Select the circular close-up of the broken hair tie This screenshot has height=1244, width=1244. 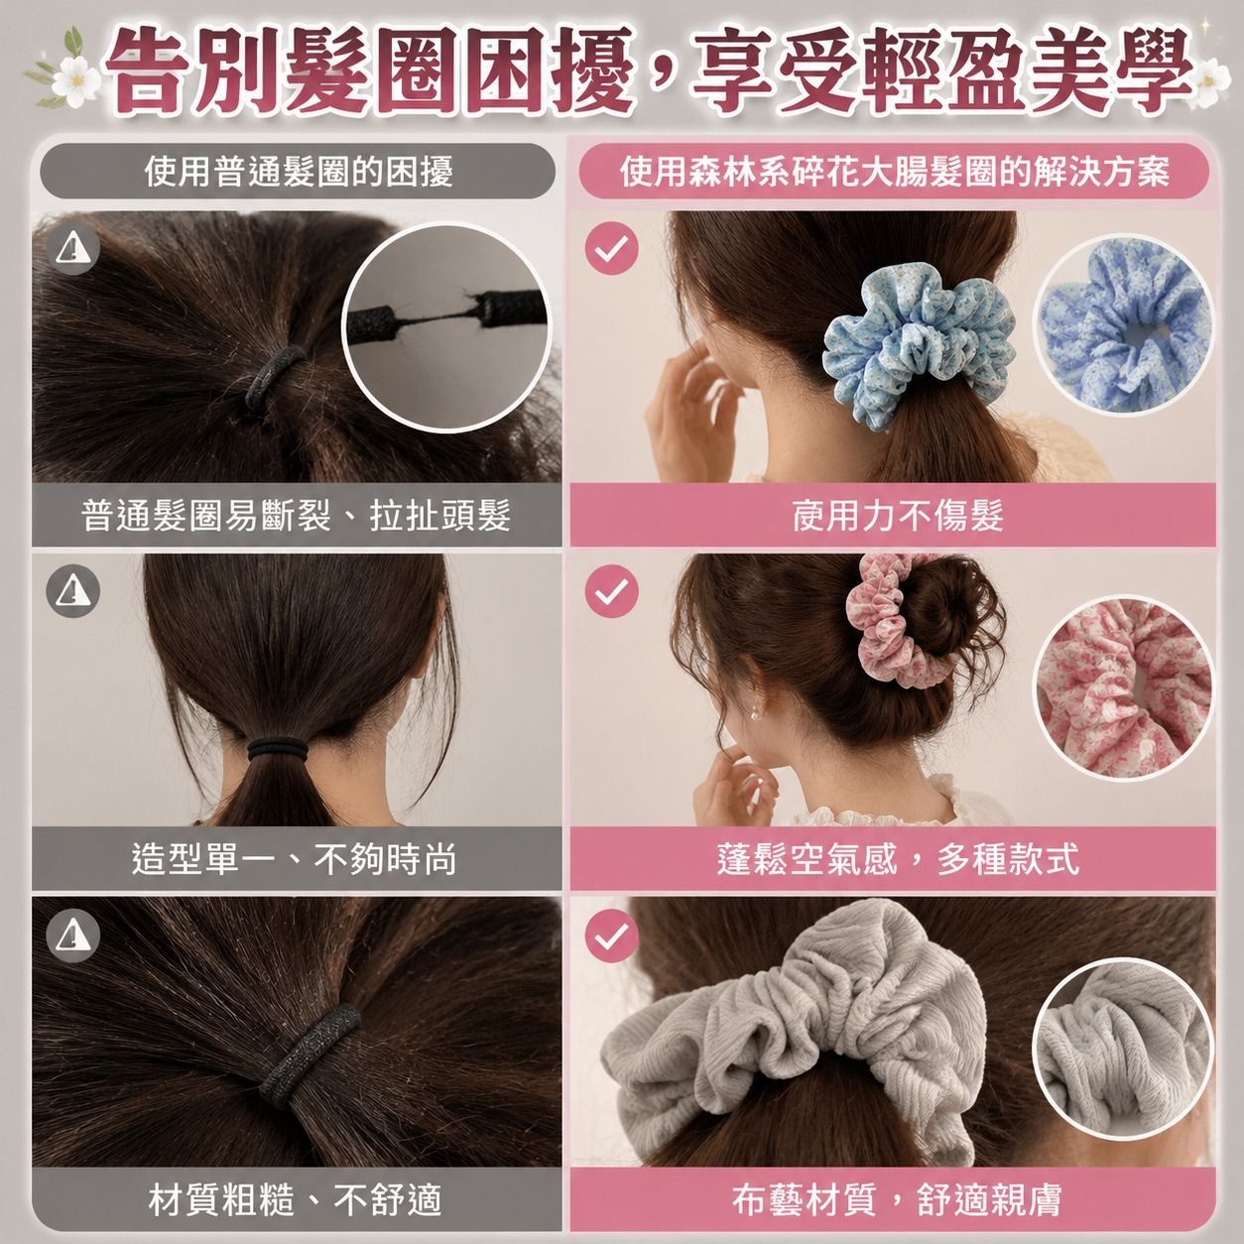[446, 326]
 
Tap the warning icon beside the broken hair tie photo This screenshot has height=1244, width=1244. [73, 249]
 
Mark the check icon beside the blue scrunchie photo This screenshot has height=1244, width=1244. [611, 249]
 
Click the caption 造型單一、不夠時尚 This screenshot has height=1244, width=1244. [295, 859]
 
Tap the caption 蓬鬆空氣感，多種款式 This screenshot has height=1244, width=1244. [898, 859]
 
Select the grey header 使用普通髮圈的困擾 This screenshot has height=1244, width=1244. [299, 172]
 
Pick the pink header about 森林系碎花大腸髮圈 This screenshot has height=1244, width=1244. [895, 172]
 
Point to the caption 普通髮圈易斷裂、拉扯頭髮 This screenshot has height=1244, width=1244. [297, 517]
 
